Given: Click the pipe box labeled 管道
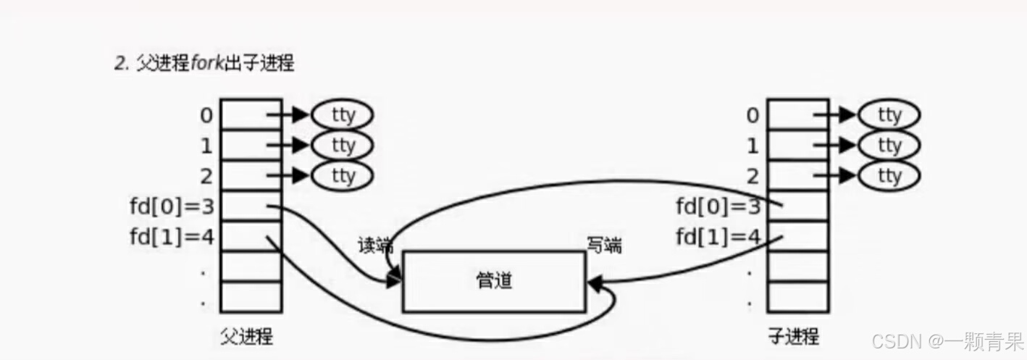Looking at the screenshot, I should (x=494, y=281).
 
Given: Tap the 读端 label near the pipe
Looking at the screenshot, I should (x=374, y=245).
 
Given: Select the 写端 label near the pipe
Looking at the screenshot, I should (x=603, y=245).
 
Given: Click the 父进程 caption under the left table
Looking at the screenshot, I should (x=246, y=337).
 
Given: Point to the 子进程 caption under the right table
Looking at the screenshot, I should (x=794, y=337).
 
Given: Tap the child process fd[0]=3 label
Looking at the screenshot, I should (x=718, y=206).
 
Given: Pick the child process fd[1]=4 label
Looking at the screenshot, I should (x=718, y=237).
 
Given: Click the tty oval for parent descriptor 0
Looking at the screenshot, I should (x=343, y=114).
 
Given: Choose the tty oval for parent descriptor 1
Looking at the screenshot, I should (x=343, y=145).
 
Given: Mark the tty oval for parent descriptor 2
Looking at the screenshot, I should (x=343, y=175).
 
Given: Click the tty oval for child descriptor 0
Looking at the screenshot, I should (x=889, y=114).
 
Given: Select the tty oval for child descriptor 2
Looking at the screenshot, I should (x=889, y=175).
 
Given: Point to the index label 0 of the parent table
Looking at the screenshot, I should (x=206, y=114).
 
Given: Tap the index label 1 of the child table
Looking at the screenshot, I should (x=753, y=146).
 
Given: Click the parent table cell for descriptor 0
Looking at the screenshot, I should (x=251, y=114).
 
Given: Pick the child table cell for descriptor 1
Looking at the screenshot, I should (x=797, y=145).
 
